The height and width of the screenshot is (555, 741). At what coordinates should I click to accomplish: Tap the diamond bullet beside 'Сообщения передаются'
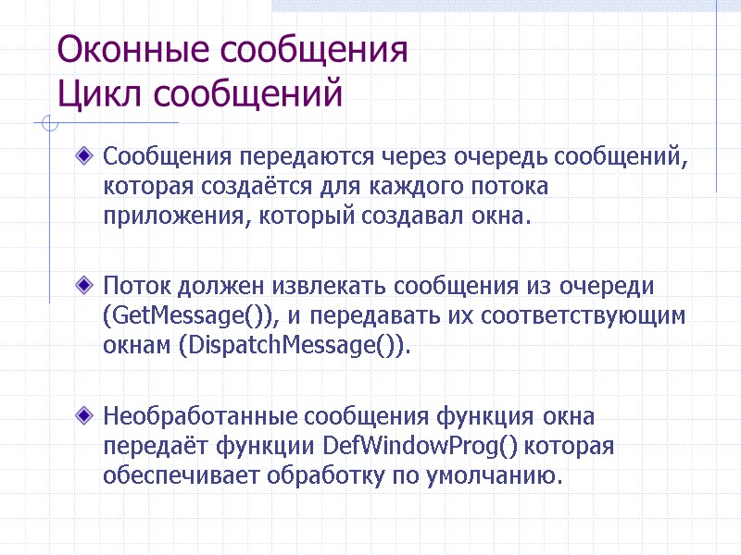(86, 154)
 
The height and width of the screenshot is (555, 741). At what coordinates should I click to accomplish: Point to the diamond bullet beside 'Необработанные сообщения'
(86, 413)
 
